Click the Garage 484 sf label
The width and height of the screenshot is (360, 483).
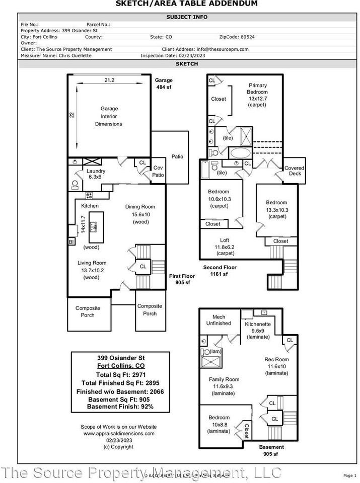pyautogui.click(x=163, y=84)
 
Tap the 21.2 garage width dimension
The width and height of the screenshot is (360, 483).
pyautogui.click(x=109, y=80)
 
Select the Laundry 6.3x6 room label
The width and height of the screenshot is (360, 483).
pyautogui.click(x=96, y=174)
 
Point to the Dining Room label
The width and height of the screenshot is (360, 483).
pyautogui.click(x=140, y=207)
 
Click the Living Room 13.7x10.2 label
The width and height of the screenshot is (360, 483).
pyautogui.click(x=92, y=270)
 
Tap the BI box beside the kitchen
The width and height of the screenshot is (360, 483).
pyautogui.click(x=71, y=242)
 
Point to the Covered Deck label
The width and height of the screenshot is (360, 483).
pyautogui.click(x=295, y=171)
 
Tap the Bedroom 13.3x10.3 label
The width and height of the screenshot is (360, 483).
pyautogui.click(x=276, y=209)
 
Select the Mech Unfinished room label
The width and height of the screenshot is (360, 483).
pyautogui.click(x=219, y=320)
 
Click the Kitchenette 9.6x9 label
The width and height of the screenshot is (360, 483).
pyautogui.click(x=258, y=331)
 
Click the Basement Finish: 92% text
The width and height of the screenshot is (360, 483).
pyautogui.click(x=120, y=407)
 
